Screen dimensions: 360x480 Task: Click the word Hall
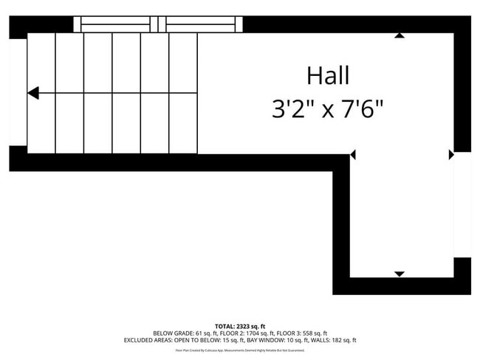click(327, 75)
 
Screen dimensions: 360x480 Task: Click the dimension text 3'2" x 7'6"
click(327, 110)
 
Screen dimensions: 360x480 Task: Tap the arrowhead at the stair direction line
click(33, 93)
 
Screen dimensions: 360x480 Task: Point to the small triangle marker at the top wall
click(400, 35)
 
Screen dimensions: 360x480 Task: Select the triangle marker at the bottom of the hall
click(400, 274)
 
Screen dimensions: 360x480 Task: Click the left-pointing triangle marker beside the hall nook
click(353, 155)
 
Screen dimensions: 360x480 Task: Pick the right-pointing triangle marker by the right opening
click(450, 155)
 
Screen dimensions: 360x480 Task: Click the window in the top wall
click(158, 24)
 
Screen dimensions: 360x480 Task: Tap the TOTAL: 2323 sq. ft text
click(239, 326)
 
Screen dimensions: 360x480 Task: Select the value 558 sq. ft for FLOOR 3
click(313, 333)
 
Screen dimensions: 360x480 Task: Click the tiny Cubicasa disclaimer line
click(239, 350)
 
